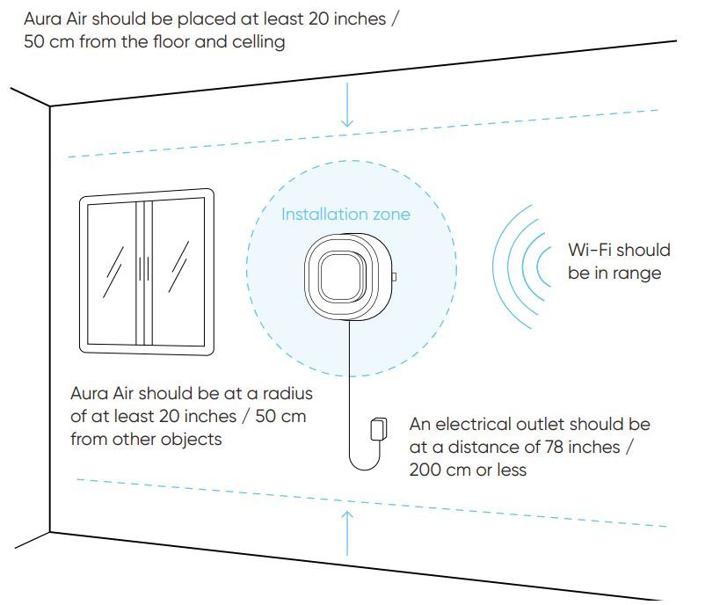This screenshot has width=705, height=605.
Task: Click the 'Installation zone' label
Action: tap(345, 214)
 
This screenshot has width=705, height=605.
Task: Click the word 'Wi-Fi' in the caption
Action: tap(588, 251)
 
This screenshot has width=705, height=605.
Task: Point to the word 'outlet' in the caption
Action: tap(530, 425)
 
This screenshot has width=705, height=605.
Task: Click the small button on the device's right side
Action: tap(393, 278)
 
